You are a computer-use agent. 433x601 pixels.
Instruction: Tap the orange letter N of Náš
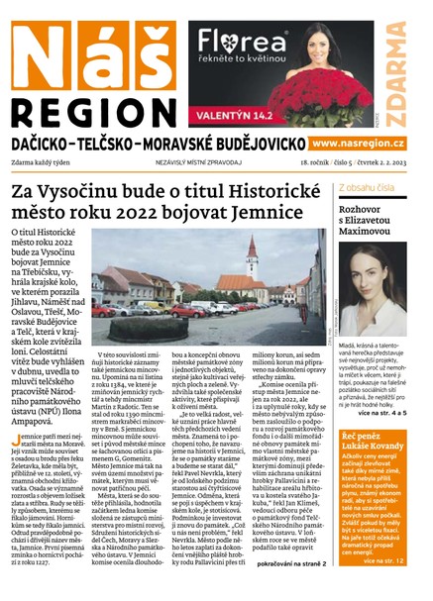(38, 51)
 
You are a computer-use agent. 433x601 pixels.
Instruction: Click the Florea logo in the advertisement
(239, 41)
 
